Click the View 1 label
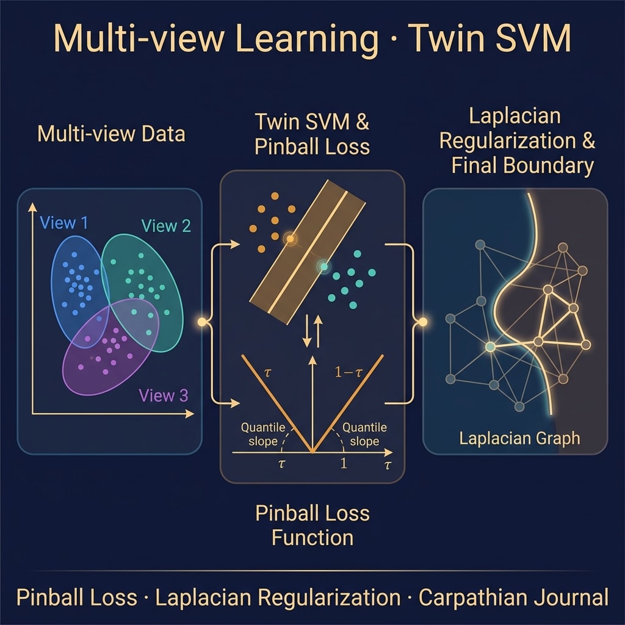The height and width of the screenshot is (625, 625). coord(63,223)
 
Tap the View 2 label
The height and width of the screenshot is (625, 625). coord(166,226)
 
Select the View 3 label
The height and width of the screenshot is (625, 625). coord(163,396)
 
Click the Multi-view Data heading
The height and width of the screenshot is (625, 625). coord(111,134)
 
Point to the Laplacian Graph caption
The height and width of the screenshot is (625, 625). coord(519,438)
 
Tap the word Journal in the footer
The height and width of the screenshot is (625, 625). coord(571,598)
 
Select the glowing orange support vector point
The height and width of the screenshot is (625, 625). coord(291,239)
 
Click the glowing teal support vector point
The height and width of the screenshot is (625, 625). coord(325,266)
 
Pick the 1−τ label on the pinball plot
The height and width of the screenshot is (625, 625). coord(349,372)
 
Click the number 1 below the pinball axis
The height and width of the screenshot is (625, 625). coord(344,463)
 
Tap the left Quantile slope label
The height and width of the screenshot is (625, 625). coord(263,435)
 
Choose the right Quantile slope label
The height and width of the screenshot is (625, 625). coord(364,435)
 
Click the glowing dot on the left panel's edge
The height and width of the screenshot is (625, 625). coord(202,321)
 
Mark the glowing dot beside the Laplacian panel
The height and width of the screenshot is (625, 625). coord(423,321)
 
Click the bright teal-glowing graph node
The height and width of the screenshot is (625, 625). coord(491,347)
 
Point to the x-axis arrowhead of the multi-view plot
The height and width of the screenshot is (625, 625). coord(190,414)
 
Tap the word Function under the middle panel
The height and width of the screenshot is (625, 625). coord(312,538)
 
